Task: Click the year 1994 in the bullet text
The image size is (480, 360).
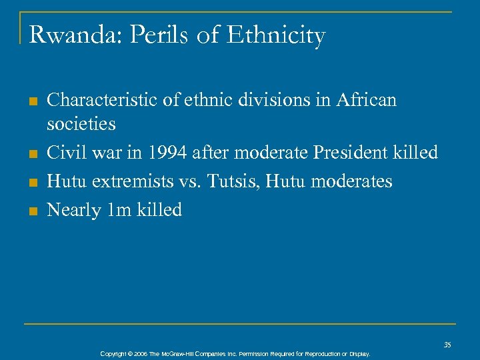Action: pos(168,152)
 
